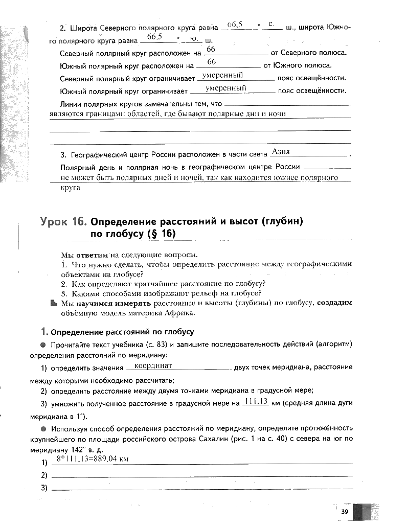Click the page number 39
(x=345, y=512)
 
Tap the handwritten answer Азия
(x=281, y=152)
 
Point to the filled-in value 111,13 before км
(x=257, y=401)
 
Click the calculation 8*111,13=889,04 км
(x=92, y=460)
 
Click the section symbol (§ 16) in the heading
(x=161, y=234)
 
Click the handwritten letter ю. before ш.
(x=193, y=38)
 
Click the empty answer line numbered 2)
(x=202, y=476)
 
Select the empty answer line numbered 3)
(x=202, y=489)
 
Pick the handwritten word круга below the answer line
(x=71, y=188)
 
